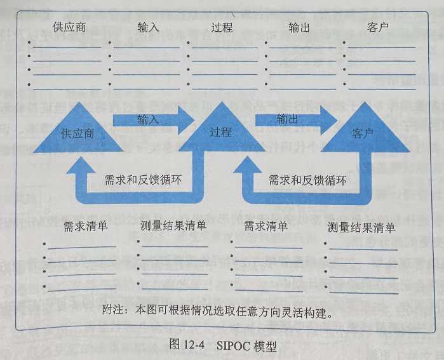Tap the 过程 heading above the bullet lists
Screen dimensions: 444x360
point(222,28)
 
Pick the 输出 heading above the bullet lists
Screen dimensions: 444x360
point(300,28)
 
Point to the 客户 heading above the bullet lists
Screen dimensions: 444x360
point(378,28)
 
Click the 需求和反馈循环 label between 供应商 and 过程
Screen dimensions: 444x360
point(143,180)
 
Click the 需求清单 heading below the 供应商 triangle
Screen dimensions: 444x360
point(85,227)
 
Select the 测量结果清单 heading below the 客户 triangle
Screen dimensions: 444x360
point(361,227)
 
